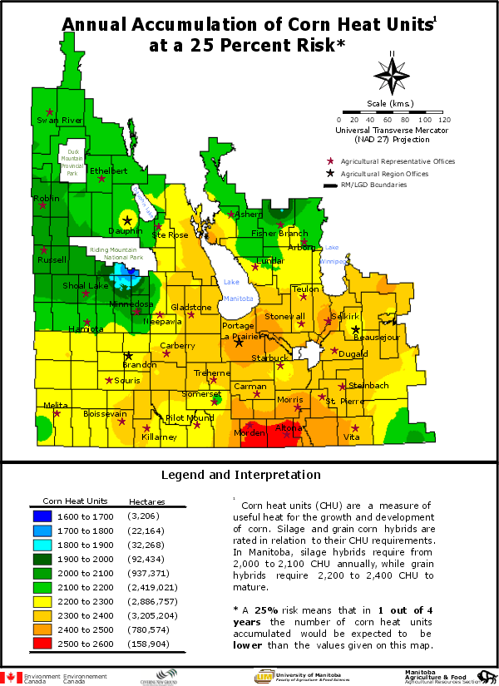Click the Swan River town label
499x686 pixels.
point(61,121)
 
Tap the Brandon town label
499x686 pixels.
point(139,365)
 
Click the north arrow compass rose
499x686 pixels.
point(392,76)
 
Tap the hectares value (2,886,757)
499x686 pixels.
point(153,601)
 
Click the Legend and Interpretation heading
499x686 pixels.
point(240,476)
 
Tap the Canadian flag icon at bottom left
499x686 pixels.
point(11,678)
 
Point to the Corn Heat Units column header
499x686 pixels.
point(76,501)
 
